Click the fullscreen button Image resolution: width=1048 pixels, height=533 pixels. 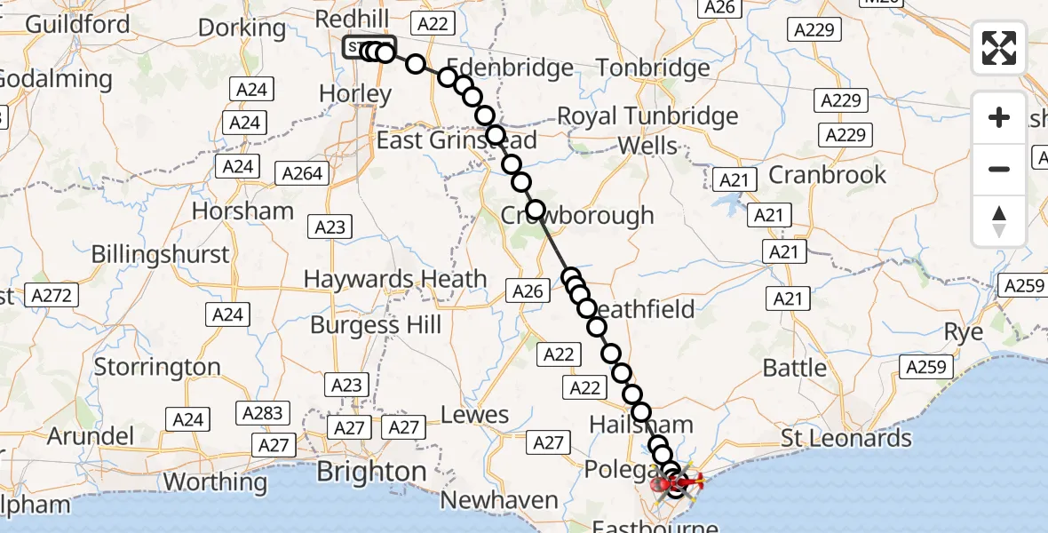coord(999,48)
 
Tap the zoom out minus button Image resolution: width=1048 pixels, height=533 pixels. coord(999,169)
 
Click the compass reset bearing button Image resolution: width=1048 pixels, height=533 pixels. coord(999,221)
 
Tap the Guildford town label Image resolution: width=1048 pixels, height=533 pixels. coord(77,23)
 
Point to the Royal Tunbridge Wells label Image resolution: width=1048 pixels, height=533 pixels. coord(647,130)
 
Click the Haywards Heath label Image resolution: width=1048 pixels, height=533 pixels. coord(395,279)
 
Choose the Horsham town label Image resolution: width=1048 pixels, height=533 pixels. coord(242,211)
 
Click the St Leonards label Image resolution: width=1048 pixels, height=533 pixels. coord(846,438)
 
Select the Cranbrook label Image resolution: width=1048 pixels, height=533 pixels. coord(827,174)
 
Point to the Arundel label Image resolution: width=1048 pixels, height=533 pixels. coord(90,436)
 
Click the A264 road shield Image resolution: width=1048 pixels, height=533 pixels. coord(301,173)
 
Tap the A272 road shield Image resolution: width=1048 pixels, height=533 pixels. coord(52,295)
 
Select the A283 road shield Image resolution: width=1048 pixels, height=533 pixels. coord(263,412)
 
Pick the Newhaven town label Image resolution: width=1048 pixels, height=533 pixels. coord(499,501)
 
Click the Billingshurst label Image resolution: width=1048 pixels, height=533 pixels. coord(160,254)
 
